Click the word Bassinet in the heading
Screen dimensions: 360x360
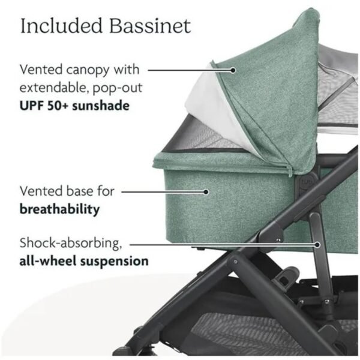(x=150, y=26)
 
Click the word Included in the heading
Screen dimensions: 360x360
(x=61, y=25)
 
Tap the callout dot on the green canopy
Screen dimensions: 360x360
(x=233, y=70)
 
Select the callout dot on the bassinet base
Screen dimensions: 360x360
(x=206, y=192)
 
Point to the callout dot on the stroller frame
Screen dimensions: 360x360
(x=317, y=245)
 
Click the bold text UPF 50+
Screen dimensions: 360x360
(x=44, y=106)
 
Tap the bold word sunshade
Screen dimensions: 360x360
(x=101, y=106)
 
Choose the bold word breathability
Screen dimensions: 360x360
(x=59, y=209)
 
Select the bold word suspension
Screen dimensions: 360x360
(x=114, y=262)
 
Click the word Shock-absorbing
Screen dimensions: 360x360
(x=71, y=244)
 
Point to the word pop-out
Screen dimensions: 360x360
(x=118, y=89)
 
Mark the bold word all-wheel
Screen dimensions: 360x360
(x=48, y=261)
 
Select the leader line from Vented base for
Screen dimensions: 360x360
(x=164, y=192)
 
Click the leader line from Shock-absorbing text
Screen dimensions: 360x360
(x=224, y=245)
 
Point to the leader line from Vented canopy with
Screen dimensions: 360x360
(x=190, y=70)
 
